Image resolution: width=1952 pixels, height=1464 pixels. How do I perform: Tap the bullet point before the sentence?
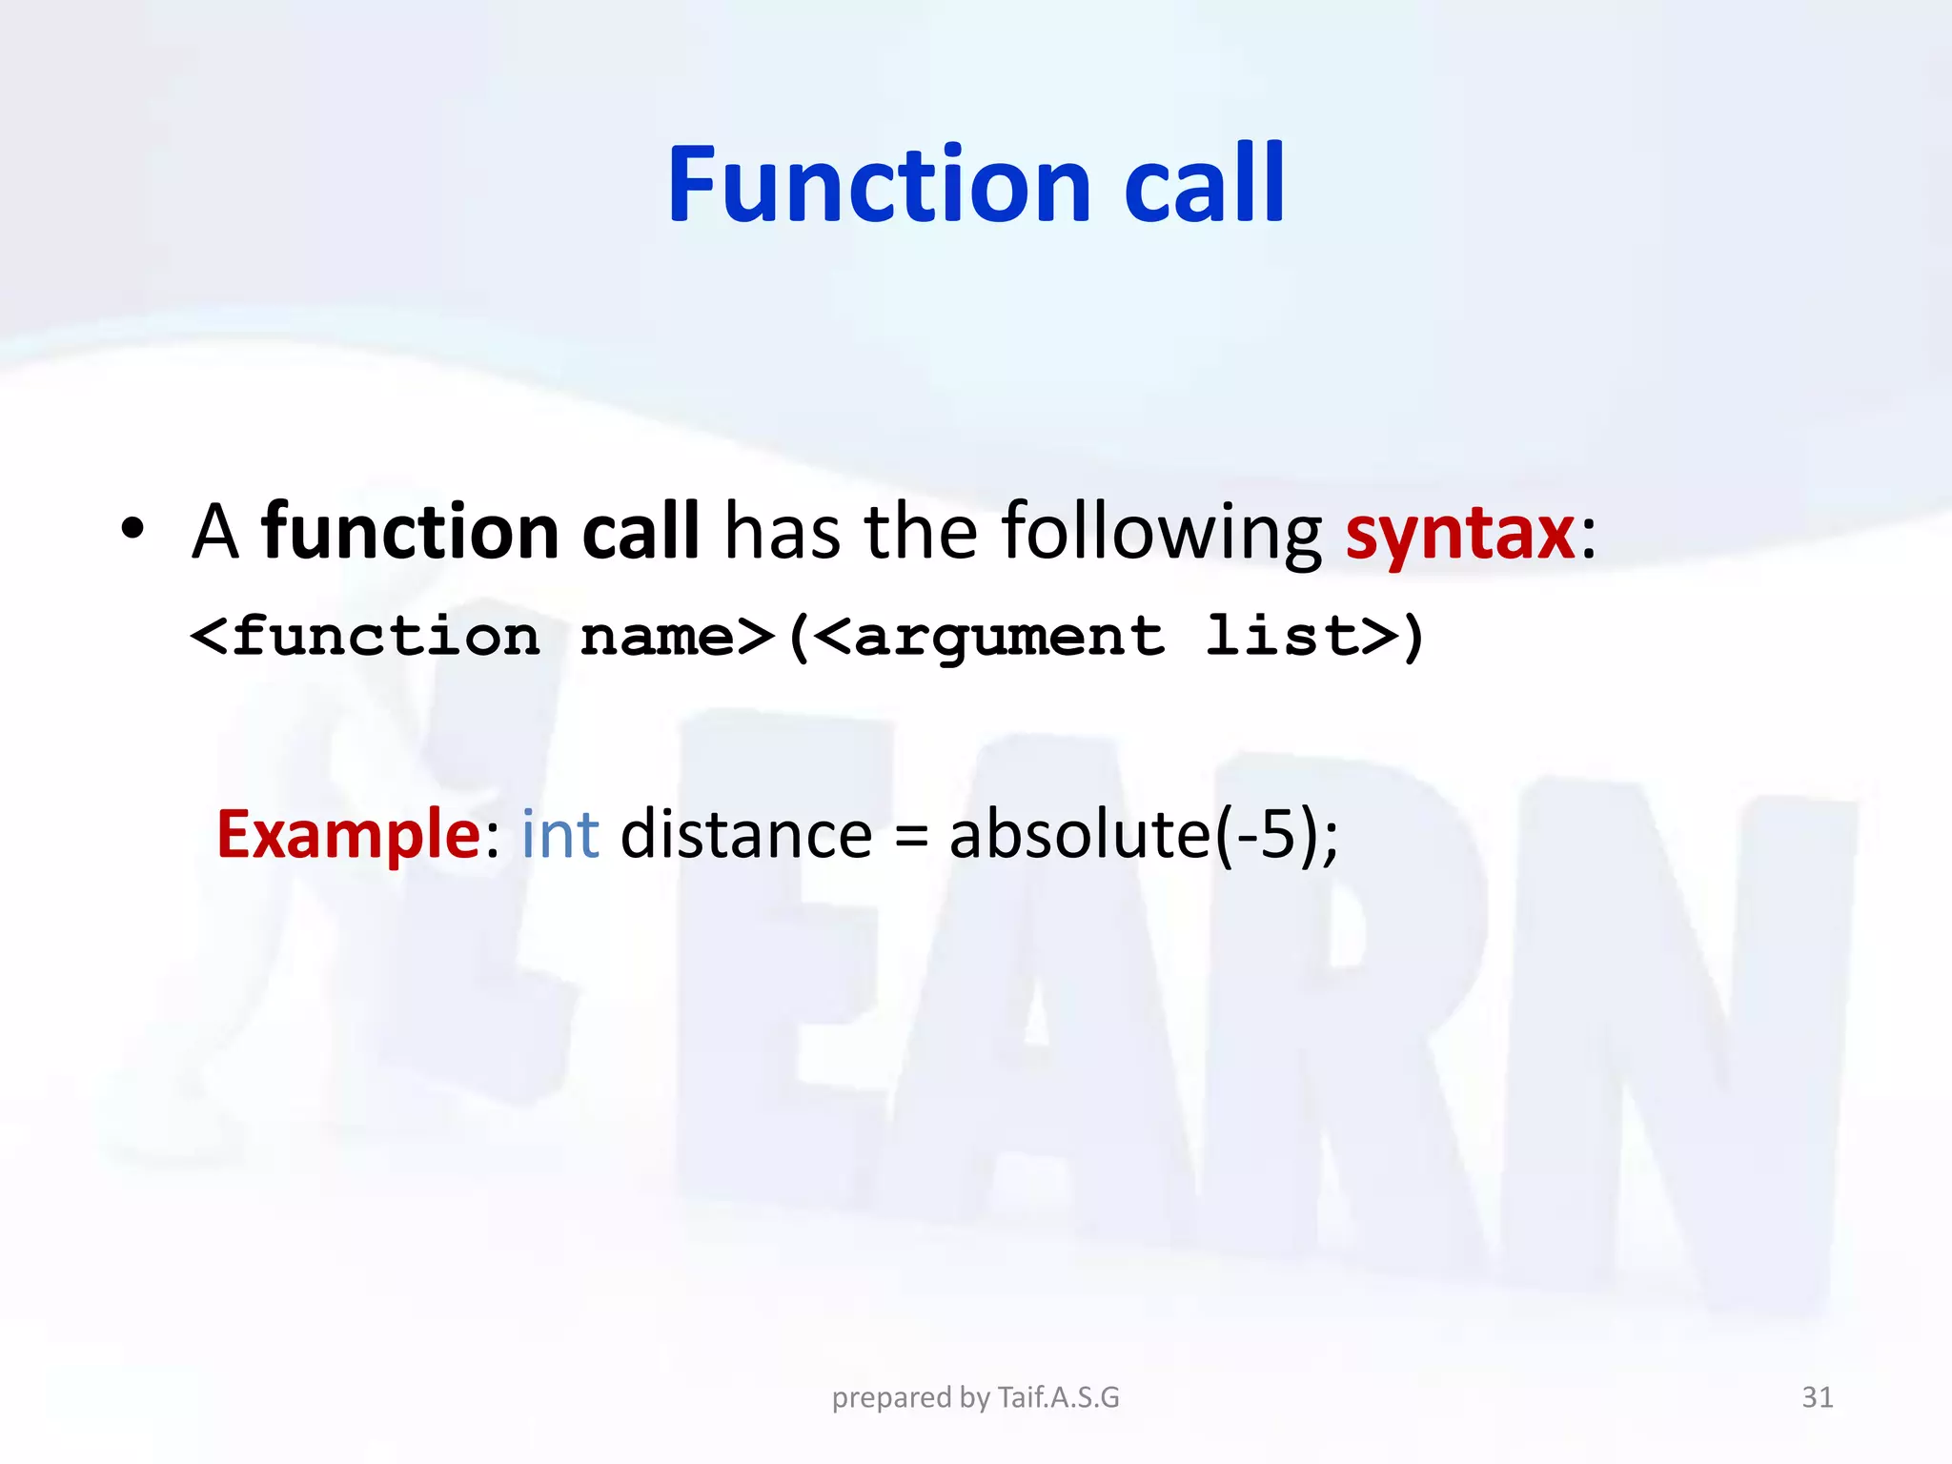pyautogui.click(x=132, y=529)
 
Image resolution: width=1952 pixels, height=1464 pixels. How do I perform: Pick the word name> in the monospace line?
pyautogui.click(x=677, y=637)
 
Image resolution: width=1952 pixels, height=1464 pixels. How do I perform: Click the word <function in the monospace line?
pyautogui.click(x=365, y=637)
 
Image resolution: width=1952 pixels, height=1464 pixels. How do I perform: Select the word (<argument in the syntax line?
pyautogui.click(x=975, y=637)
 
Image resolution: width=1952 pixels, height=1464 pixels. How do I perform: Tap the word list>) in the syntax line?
pyautogui.click(x=1314, y=637)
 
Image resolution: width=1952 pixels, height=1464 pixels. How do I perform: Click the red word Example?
pyautogui.click(x=348, y=834)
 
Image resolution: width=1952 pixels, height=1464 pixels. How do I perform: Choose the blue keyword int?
pyautogui.click(x=559, y=834)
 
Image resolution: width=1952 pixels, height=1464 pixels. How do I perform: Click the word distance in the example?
pyautogui.click(x=745, y=834)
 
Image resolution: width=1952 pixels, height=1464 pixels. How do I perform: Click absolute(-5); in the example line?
pyautogui.click(x=1143, y=834)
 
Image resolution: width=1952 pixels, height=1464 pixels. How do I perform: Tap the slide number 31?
pyautogui.click(x=1817, y=1397)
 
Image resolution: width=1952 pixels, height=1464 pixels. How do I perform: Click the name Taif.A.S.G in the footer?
pyautogui.click(x=1058, y=1397)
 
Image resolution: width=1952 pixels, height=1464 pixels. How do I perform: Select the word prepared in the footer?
pyautogui.click(x=892, y=1398)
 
